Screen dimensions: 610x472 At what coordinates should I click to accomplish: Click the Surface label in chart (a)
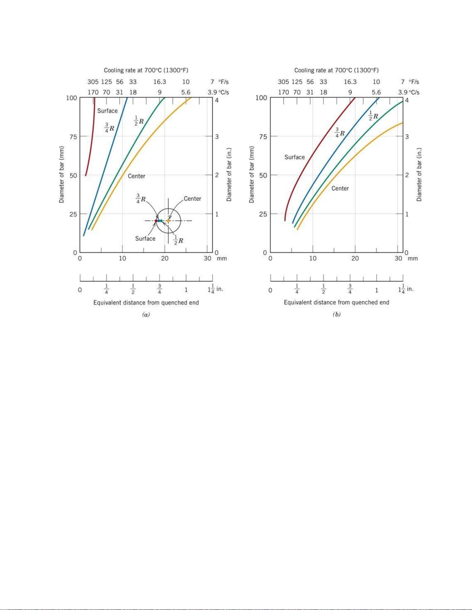[x=107, y=111]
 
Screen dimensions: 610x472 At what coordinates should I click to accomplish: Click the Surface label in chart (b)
[x=294, y=157]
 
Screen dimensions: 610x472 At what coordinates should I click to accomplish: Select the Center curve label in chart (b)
[x=340, y=188]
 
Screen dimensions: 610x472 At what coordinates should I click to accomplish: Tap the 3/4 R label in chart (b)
[x=339, y=133]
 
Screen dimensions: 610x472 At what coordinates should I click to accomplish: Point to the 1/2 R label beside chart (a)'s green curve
[x=139, y=120]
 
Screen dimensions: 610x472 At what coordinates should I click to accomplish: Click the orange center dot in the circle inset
[x=168, y=221]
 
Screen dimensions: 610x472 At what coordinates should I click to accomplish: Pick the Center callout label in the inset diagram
[x=192, y=199]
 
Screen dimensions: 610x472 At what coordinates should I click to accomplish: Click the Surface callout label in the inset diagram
[x=145, y=239]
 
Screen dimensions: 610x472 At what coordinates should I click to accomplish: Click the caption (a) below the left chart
[x=146, y=314]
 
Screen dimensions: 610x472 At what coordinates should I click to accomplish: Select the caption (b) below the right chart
[x=336, y=314]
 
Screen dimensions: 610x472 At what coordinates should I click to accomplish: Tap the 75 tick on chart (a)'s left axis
[x=73, y=137]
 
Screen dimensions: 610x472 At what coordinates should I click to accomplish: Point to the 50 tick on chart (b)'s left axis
[x=263, y=175]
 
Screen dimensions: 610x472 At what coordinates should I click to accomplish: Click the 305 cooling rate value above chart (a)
[x=93, y=82]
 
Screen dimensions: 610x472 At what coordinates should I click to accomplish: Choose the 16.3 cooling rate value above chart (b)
[x=350, y=82]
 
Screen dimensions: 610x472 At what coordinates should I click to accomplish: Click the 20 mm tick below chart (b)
[x=355, y=259]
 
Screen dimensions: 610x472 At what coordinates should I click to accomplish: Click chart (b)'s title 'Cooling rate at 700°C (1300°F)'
[x=336, y=70]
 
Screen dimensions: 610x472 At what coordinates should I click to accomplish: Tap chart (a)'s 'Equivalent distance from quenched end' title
[x=146, y=302]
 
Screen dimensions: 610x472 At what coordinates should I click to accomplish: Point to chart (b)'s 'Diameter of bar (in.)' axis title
[x=419, y=175]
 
